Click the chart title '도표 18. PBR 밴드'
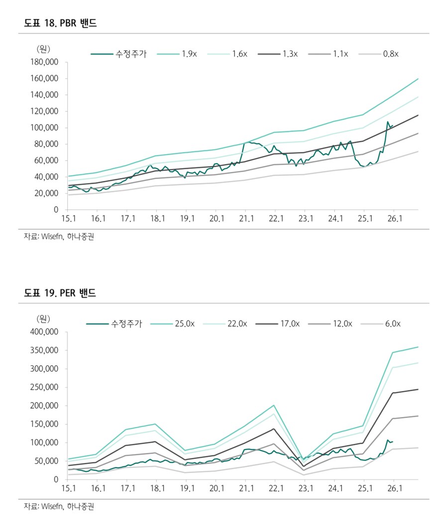(60, 23)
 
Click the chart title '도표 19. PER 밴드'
(60, 294)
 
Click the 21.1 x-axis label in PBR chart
(245, 219)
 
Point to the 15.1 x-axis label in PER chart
(68, 489)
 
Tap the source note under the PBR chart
(59, 237)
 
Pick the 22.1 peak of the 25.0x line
(274, 405)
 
